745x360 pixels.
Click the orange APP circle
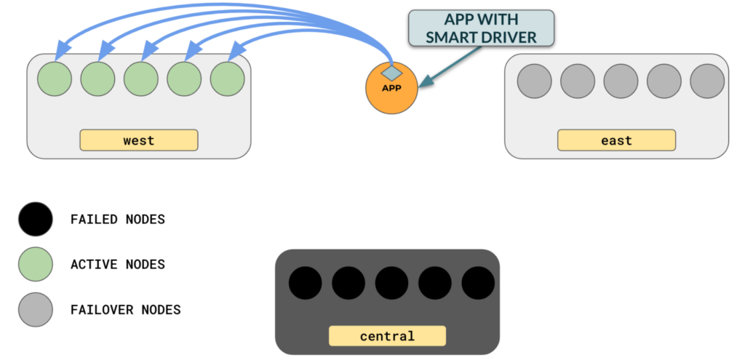click(391, 90)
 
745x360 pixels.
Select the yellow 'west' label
click(138, 140)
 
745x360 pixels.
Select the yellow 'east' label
click(616, 140)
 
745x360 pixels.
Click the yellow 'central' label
click(386, 336)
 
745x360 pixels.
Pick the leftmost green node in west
click(55, 79)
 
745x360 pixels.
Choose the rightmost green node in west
click(227, 79)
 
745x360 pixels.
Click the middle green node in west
click(141, 79)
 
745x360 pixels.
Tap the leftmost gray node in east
click(534, 81)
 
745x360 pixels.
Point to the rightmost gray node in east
click(706, 81)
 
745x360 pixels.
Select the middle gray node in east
click(621, 81)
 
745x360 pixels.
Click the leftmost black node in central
click(306, 284)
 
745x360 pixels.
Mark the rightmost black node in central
click(478, 284)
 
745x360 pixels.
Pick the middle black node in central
click(392, 284)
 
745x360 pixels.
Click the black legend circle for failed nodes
click(35, 219)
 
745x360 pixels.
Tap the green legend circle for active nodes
click(35, 264)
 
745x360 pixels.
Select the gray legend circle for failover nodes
click(35, 309)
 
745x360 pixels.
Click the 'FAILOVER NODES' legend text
click(125, 310)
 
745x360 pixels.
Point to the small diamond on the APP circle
click(391, 72)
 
